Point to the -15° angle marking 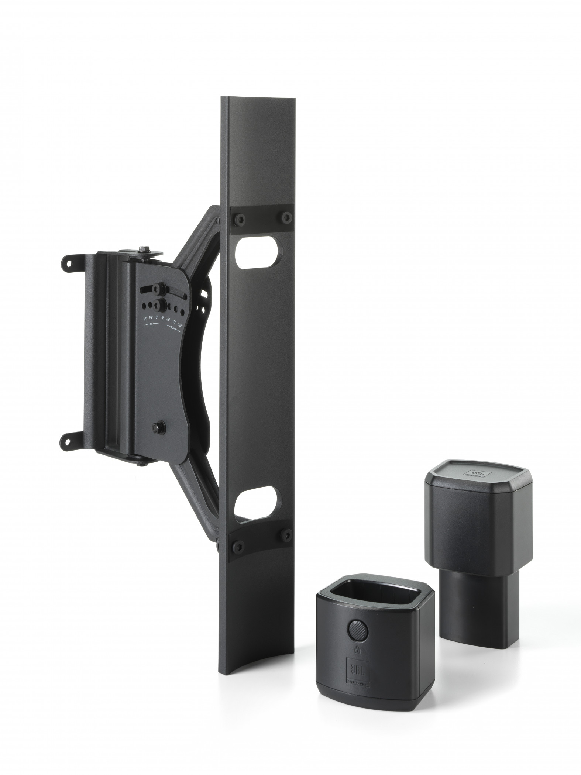(179, 325)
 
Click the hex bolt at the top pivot (142, 250)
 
